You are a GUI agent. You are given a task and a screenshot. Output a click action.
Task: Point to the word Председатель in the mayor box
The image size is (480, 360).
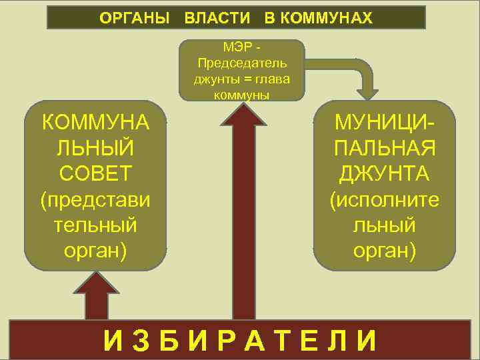242,64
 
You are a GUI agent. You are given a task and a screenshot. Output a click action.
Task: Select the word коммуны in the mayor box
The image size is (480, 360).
241,94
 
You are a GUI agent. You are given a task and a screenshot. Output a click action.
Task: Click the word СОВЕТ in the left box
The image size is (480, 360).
95,173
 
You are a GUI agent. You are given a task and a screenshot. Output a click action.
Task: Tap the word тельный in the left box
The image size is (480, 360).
95,225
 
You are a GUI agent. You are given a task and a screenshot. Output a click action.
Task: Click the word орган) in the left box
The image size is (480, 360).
95,250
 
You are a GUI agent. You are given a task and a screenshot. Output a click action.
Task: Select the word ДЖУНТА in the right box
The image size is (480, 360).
385,173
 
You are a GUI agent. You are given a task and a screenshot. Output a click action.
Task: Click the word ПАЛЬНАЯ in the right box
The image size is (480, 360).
385,148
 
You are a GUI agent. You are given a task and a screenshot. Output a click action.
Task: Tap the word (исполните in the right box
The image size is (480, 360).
385,199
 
